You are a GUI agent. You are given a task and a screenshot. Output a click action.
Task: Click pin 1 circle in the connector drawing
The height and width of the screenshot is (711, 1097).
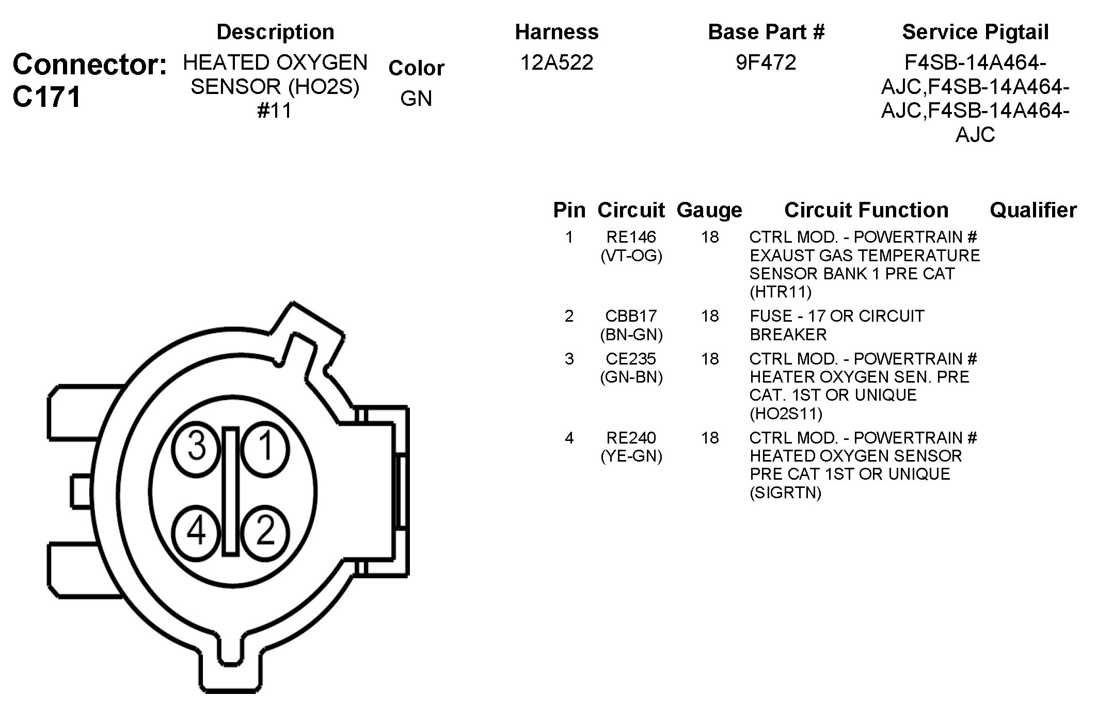click(x=265, y=447)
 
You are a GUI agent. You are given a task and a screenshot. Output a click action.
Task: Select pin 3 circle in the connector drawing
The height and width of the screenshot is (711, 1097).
click(x=197, y=447)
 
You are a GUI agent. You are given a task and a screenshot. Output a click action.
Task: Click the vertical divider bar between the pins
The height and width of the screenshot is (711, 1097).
click(x=231, y=492)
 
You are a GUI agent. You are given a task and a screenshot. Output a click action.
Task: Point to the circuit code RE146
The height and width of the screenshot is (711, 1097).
click(x=631, y=237)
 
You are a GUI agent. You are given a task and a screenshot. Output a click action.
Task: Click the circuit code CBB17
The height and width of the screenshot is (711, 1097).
click(x=631, y=316)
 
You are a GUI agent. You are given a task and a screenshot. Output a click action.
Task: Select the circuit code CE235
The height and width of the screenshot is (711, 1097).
click(x=631, y=359)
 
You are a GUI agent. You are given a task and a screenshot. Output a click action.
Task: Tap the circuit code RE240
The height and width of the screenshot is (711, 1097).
click(x=631, y=438)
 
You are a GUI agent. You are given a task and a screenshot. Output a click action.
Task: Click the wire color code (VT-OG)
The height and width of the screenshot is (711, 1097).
click(x=631, y=256)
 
